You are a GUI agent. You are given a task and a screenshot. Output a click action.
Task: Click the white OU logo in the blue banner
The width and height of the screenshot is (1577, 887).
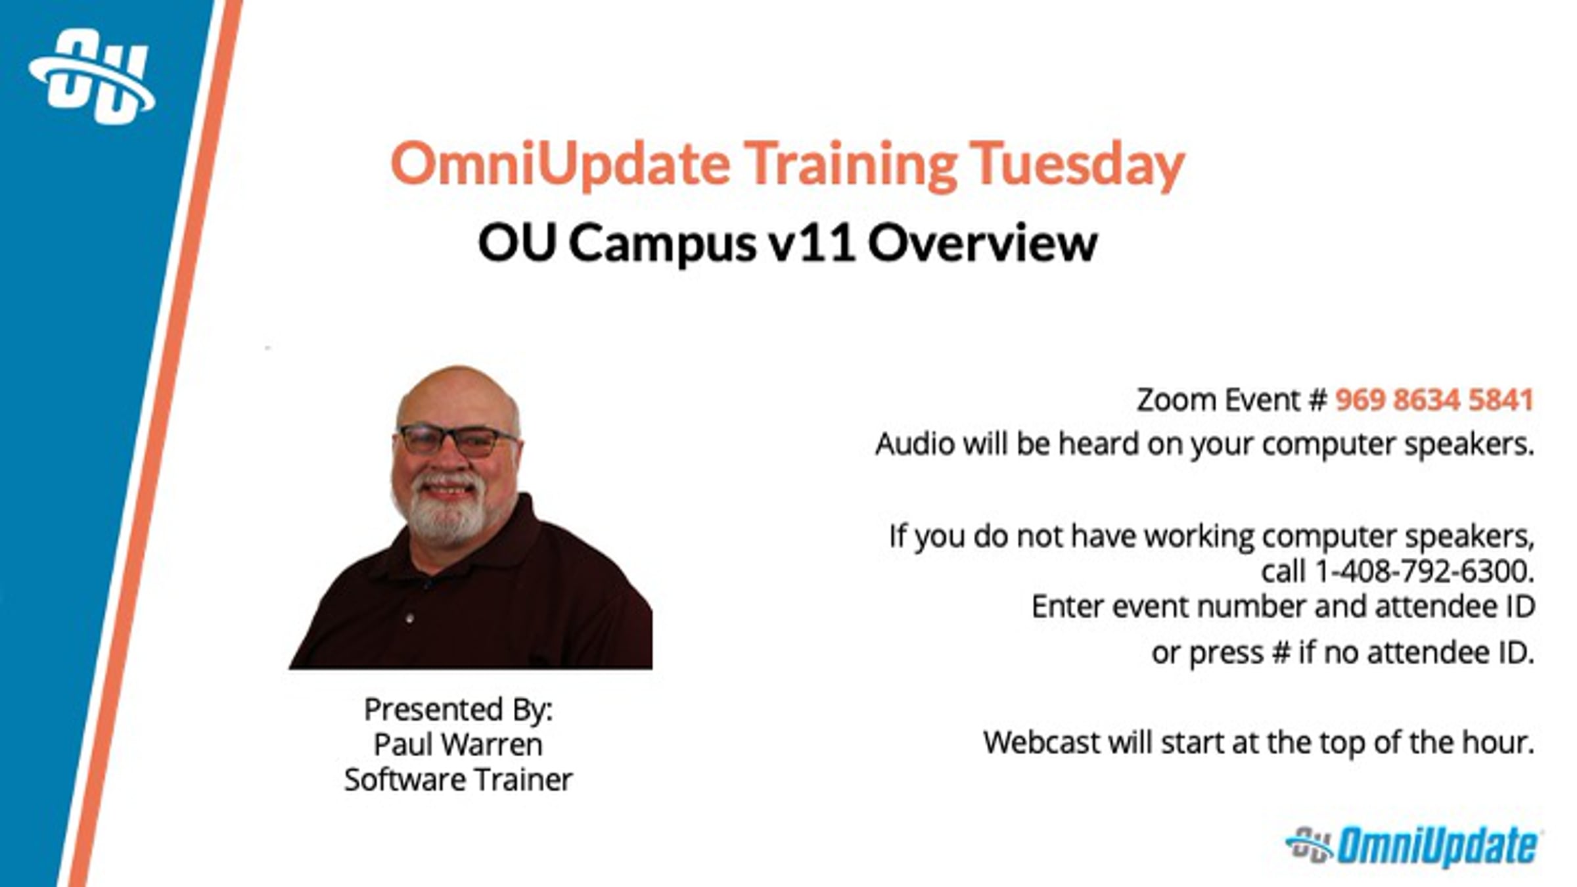coord(92,77)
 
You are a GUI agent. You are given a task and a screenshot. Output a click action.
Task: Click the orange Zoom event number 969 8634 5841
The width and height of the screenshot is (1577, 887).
coord(1434,399)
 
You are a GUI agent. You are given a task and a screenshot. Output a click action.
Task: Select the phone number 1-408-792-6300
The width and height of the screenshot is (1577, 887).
coord(1424,571)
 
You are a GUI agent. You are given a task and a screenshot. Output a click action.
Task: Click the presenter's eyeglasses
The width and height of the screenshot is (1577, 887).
coord(457,440)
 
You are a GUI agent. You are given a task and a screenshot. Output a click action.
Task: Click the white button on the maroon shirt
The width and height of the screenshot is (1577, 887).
coord(409,619)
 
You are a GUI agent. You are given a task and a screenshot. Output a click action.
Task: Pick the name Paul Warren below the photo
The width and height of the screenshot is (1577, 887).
coord(458,744)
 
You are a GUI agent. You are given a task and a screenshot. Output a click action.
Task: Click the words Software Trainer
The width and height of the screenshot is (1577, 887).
coord(459,780)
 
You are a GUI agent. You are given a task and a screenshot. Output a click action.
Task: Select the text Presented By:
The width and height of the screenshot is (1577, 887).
coord(459,710)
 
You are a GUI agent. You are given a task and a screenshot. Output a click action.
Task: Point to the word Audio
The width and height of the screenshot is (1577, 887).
coord(915,444)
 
